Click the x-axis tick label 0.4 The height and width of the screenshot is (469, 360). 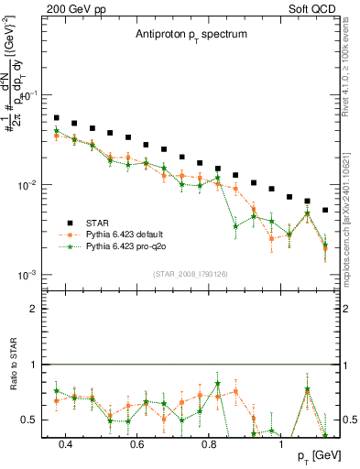(x=65, y=445)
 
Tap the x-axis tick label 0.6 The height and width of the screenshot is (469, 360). (x=137, y=445)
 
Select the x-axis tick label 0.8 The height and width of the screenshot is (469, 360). (x=209, y=445)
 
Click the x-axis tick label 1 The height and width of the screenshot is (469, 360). (x=281, y=445)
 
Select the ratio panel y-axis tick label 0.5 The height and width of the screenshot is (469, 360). (x=29, y=420)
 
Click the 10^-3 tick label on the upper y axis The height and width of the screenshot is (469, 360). (x=27, y=275)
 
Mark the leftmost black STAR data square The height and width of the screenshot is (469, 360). (x=57, y=118)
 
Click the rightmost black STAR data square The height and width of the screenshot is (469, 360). (x=325, y=210)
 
